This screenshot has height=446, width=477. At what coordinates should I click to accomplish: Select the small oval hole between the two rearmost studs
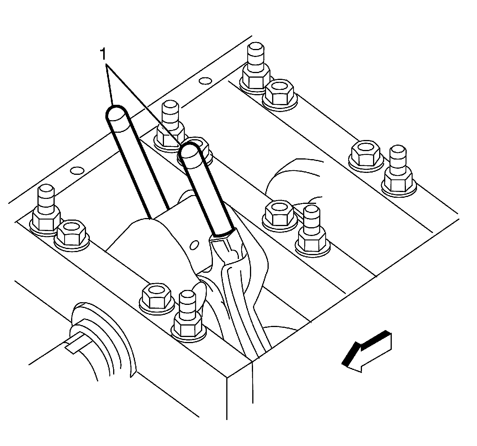pos(206,81)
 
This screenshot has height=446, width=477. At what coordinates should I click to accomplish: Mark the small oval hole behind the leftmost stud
pos(78,169)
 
